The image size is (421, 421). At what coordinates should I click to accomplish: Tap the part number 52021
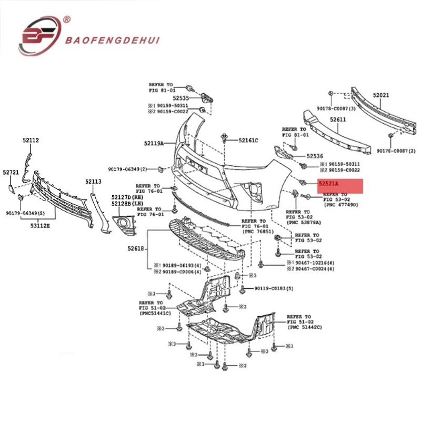(380, 95)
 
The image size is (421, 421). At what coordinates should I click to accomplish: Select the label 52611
(338, 120)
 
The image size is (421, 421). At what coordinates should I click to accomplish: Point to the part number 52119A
(154, 143)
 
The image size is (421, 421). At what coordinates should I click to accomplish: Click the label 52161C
(248, 141)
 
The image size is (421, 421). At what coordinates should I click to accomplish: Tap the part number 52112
(31, 141)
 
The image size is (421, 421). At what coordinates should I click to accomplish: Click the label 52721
(11, 172)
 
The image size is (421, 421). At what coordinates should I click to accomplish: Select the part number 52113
(93, 182)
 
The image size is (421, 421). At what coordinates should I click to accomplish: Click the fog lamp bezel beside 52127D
(125, 223)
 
